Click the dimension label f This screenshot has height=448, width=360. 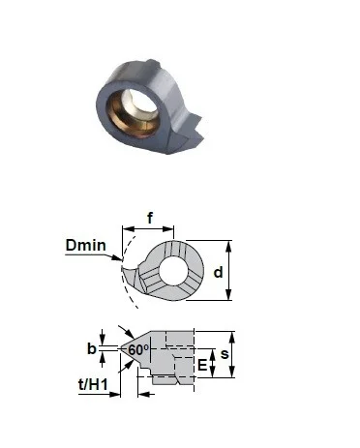pos(150,218)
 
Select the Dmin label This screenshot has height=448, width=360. pos(86,245)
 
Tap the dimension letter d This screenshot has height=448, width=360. pos(218,273)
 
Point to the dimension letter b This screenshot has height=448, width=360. pos(92,348)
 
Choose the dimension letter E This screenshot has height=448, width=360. pos(202,366)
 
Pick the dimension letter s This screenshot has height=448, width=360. pos(225,354)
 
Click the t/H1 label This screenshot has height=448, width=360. pos(93,384)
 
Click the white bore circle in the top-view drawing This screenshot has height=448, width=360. pos(173,271)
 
